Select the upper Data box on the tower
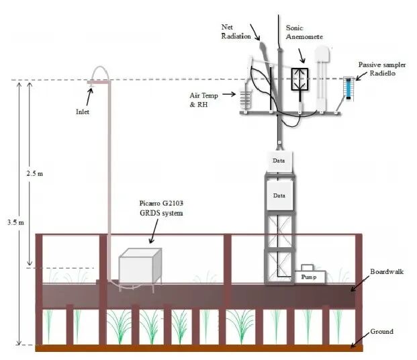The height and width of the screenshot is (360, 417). click(x=279, y=161)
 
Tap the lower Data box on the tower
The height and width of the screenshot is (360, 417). click(x=279, y=195)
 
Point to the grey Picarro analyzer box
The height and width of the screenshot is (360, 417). click(x=141, y=267)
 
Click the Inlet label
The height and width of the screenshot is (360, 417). click(x=82, y=112)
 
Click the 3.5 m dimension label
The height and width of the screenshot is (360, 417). click(x=13, y=221)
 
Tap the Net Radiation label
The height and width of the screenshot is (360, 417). click(x=236, y=32)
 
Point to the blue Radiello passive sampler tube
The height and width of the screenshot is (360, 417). click(x=347, y=88)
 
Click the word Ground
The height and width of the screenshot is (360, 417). click(x=382, y=331)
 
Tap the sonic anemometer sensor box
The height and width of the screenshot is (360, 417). click(x=298, y=79)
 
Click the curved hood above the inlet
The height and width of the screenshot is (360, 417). click(x=99, y=73)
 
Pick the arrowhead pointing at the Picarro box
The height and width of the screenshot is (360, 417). click(x=150, y=240)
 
